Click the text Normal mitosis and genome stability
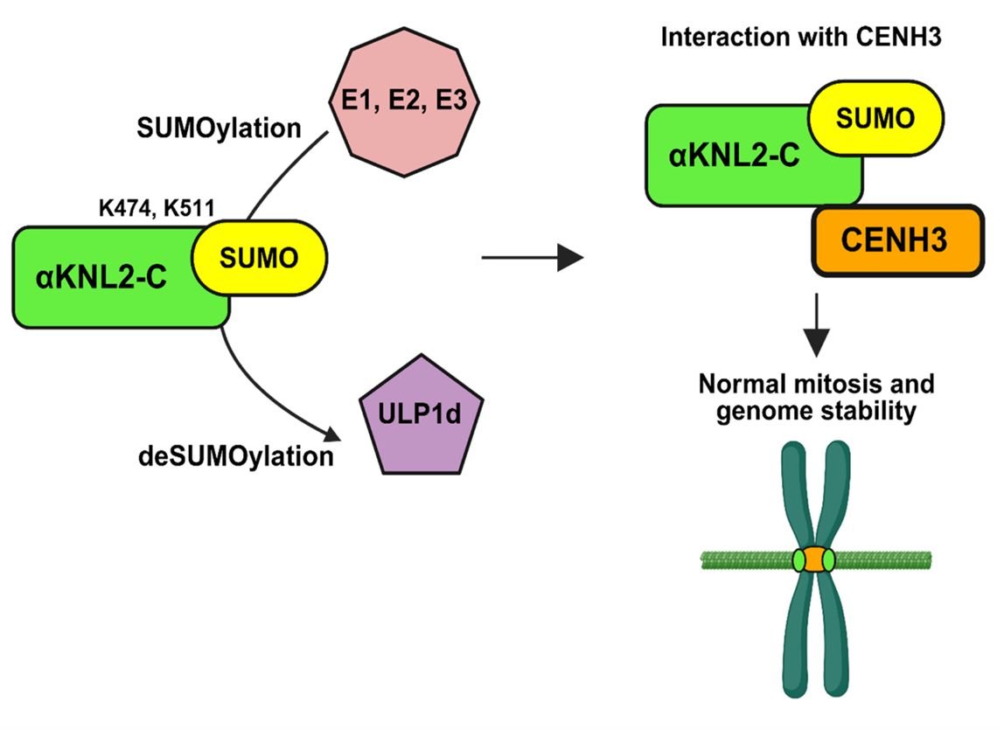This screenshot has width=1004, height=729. [x=815, y=397]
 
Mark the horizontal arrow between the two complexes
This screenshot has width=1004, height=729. [x=532, y=258]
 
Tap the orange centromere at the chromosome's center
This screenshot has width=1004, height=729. [x=815, y=559]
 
